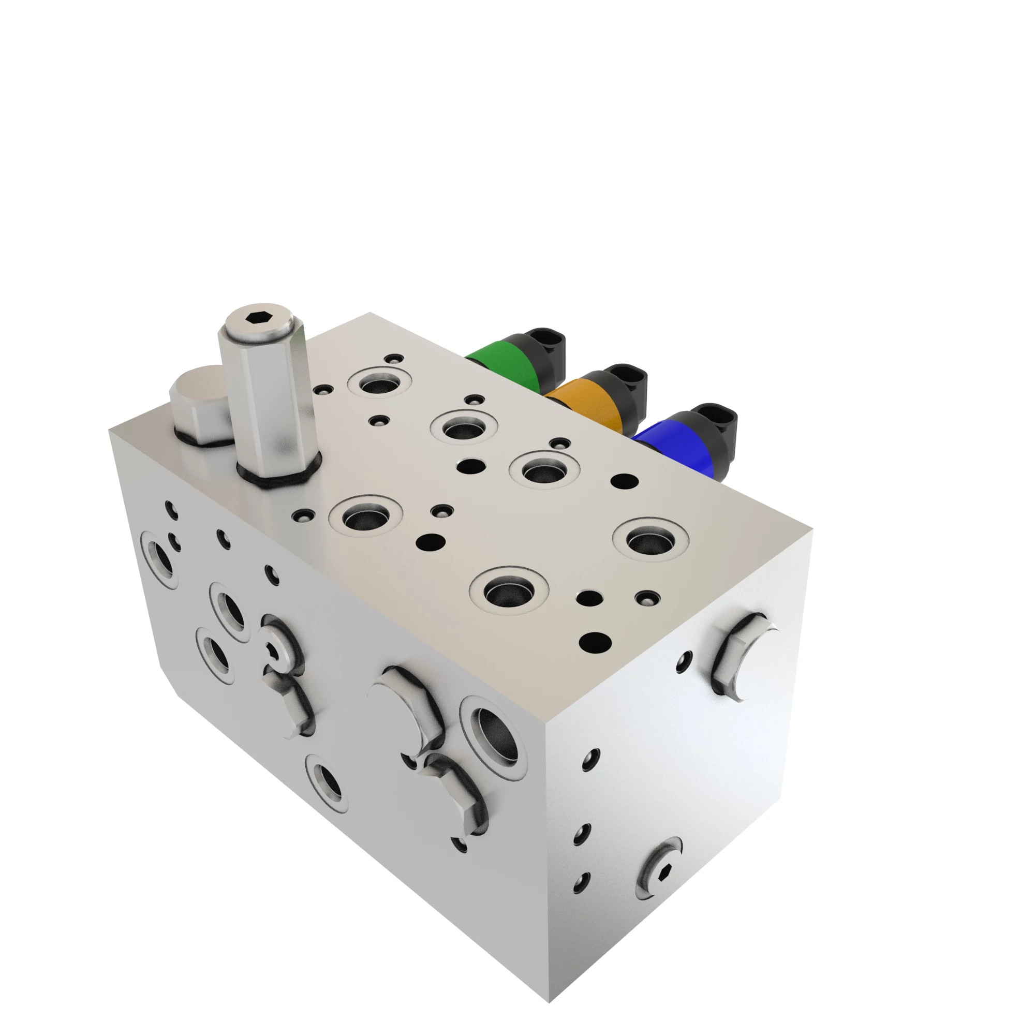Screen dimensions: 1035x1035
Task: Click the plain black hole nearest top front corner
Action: tap(595, 641)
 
